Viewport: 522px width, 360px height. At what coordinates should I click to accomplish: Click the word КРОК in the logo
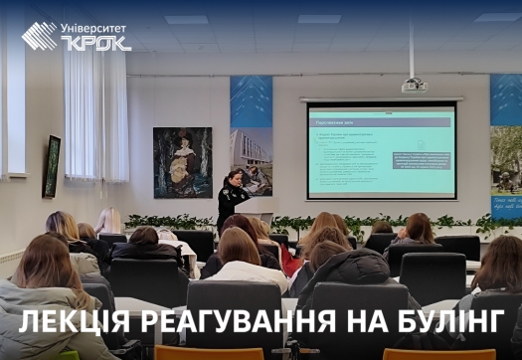tap(95, 43)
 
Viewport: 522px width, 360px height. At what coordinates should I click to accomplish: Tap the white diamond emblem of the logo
tap(40, 36)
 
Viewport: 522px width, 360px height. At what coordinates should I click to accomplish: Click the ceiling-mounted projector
tap(414, 86)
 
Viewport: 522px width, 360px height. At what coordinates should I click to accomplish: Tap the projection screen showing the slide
tap(381, 149)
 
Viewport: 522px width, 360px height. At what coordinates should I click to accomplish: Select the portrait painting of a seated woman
tap(182, 162)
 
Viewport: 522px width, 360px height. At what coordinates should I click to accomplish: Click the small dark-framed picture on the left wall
tap(52, 166)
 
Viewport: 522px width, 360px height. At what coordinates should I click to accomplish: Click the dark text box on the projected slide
tap(420, 160)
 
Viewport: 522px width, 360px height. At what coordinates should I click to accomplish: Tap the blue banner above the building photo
tap(251, 101)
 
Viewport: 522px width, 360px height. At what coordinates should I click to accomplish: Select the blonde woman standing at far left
tap(108, 223)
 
